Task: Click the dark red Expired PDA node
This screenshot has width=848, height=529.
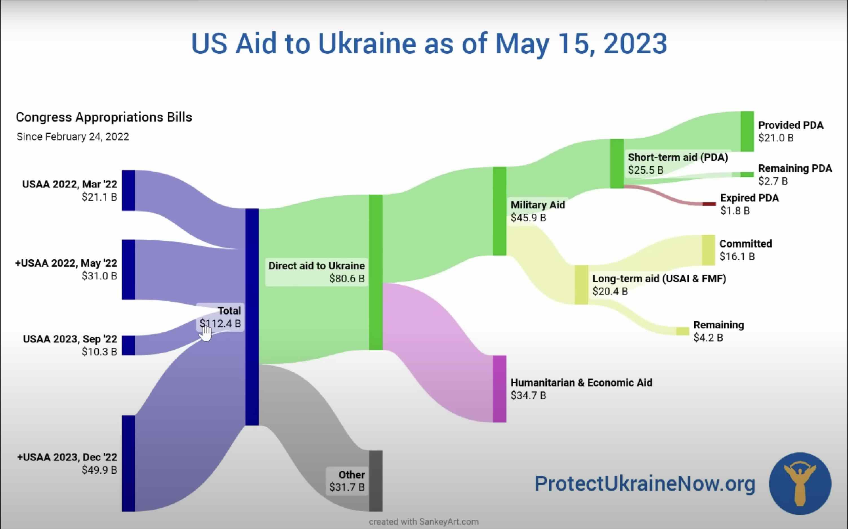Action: coord(709,204)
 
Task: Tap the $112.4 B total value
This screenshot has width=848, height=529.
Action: coord(220,323)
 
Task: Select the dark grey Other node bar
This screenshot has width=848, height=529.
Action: coord(376,481)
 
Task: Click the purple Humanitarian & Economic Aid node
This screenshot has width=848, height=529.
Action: coord(499,389)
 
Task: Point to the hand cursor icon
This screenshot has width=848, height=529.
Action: coord(205,332)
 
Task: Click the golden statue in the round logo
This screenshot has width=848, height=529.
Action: coord(800,483)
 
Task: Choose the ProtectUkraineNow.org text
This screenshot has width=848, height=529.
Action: coord(645,484)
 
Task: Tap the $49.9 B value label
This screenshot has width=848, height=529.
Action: coord(99,470)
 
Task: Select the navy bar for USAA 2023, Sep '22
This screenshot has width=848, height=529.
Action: coord(128,345)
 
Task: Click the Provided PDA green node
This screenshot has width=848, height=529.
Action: coord(747,131)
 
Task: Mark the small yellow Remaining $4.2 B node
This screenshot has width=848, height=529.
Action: coord(682,331)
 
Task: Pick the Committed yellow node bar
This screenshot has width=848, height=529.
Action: coord(708,250)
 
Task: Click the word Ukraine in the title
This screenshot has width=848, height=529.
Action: coord(367,43)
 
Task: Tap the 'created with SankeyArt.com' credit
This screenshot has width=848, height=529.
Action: coord(423,522)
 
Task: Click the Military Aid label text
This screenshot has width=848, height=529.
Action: coord(538,205)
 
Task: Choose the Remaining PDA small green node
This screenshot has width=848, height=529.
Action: coord(747,174)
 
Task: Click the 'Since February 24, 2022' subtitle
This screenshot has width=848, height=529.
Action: coord(73,136)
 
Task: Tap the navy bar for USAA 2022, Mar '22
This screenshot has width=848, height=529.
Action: coord(128,190)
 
